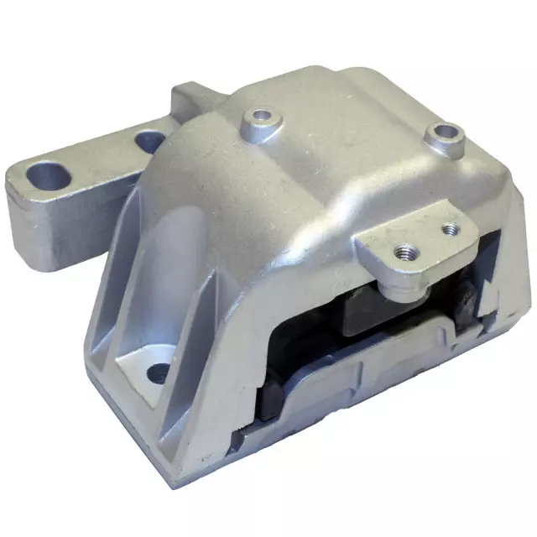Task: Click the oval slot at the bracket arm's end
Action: [x=49, y=175]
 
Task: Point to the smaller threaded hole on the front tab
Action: [x=448, y=227]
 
